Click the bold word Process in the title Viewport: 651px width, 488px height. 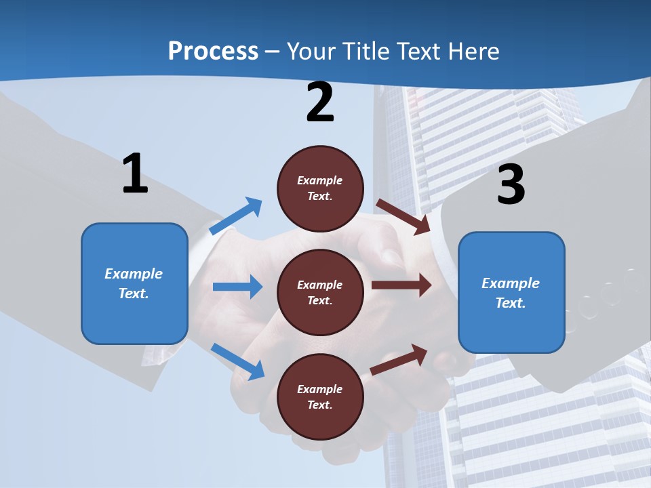tap(213, 52)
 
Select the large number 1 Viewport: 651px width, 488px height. tap(135, 174)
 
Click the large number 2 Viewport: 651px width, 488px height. tap(320, 102)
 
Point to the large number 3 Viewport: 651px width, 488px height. tap(511, 184)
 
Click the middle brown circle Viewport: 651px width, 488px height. tap(320, 292)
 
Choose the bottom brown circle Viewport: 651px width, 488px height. tap(320, 396)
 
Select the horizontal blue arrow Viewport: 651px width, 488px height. tap(237, 287)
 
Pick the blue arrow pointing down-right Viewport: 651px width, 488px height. tap(237, 361)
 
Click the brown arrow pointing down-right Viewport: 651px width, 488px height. tap(403, 216)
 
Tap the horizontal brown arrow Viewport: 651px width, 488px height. tap(401, 285)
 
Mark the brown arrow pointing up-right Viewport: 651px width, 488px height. tap(399, 360)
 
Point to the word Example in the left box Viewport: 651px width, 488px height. tap(134, 274)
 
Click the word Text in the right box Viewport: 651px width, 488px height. tap(509, 303)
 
